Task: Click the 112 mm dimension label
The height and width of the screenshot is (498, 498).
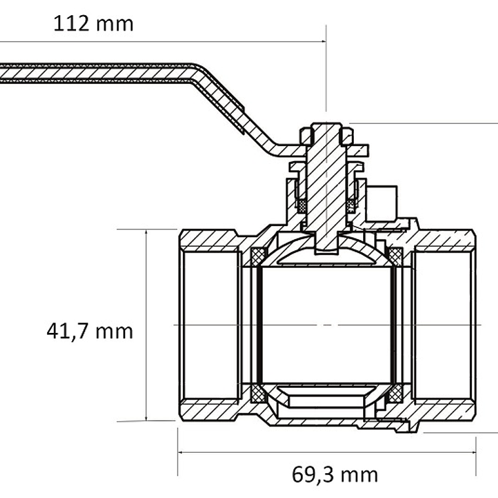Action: point(93,24)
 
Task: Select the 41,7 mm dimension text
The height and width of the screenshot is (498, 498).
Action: point(90,332)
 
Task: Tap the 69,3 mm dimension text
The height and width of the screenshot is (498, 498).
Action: point(335,475)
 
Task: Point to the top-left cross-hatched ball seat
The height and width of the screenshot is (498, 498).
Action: point(258,256)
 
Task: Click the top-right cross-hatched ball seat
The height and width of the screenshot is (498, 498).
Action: point(395,256)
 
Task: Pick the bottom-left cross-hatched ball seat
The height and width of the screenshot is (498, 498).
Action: point(258,394)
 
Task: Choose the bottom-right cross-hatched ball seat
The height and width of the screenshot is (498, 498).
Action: point(395,394)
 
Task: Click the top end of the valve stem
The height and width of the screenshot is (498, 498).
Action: point(326,124)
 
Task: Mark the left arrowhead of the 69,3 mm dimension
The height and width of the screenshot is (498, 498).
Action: point(180,452)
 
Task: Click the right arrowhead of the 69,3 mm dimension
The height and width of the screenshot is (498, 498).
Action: point(474,452)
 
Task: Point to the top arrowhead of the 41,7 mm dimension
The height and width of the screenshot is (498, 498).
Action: point(146,232)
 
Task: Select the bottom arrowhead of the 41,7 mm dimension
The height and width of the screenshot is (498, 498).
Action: point(146,419)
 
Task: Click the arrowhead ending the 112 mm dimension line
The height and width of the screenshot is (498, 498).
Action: point(324,41)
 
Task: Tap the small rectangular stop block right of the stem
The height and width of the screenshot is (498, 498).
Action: point(381,203)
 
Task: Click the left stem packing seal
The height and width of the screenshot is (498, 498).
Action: point(302,206)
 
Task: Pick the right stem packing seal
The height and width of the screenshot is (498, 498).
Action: point(351,206)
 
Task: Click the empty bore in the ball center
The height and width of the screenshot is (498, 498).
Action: point(326,325)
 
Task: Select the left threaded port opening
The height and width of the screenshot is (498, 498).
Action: point(210,325)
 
